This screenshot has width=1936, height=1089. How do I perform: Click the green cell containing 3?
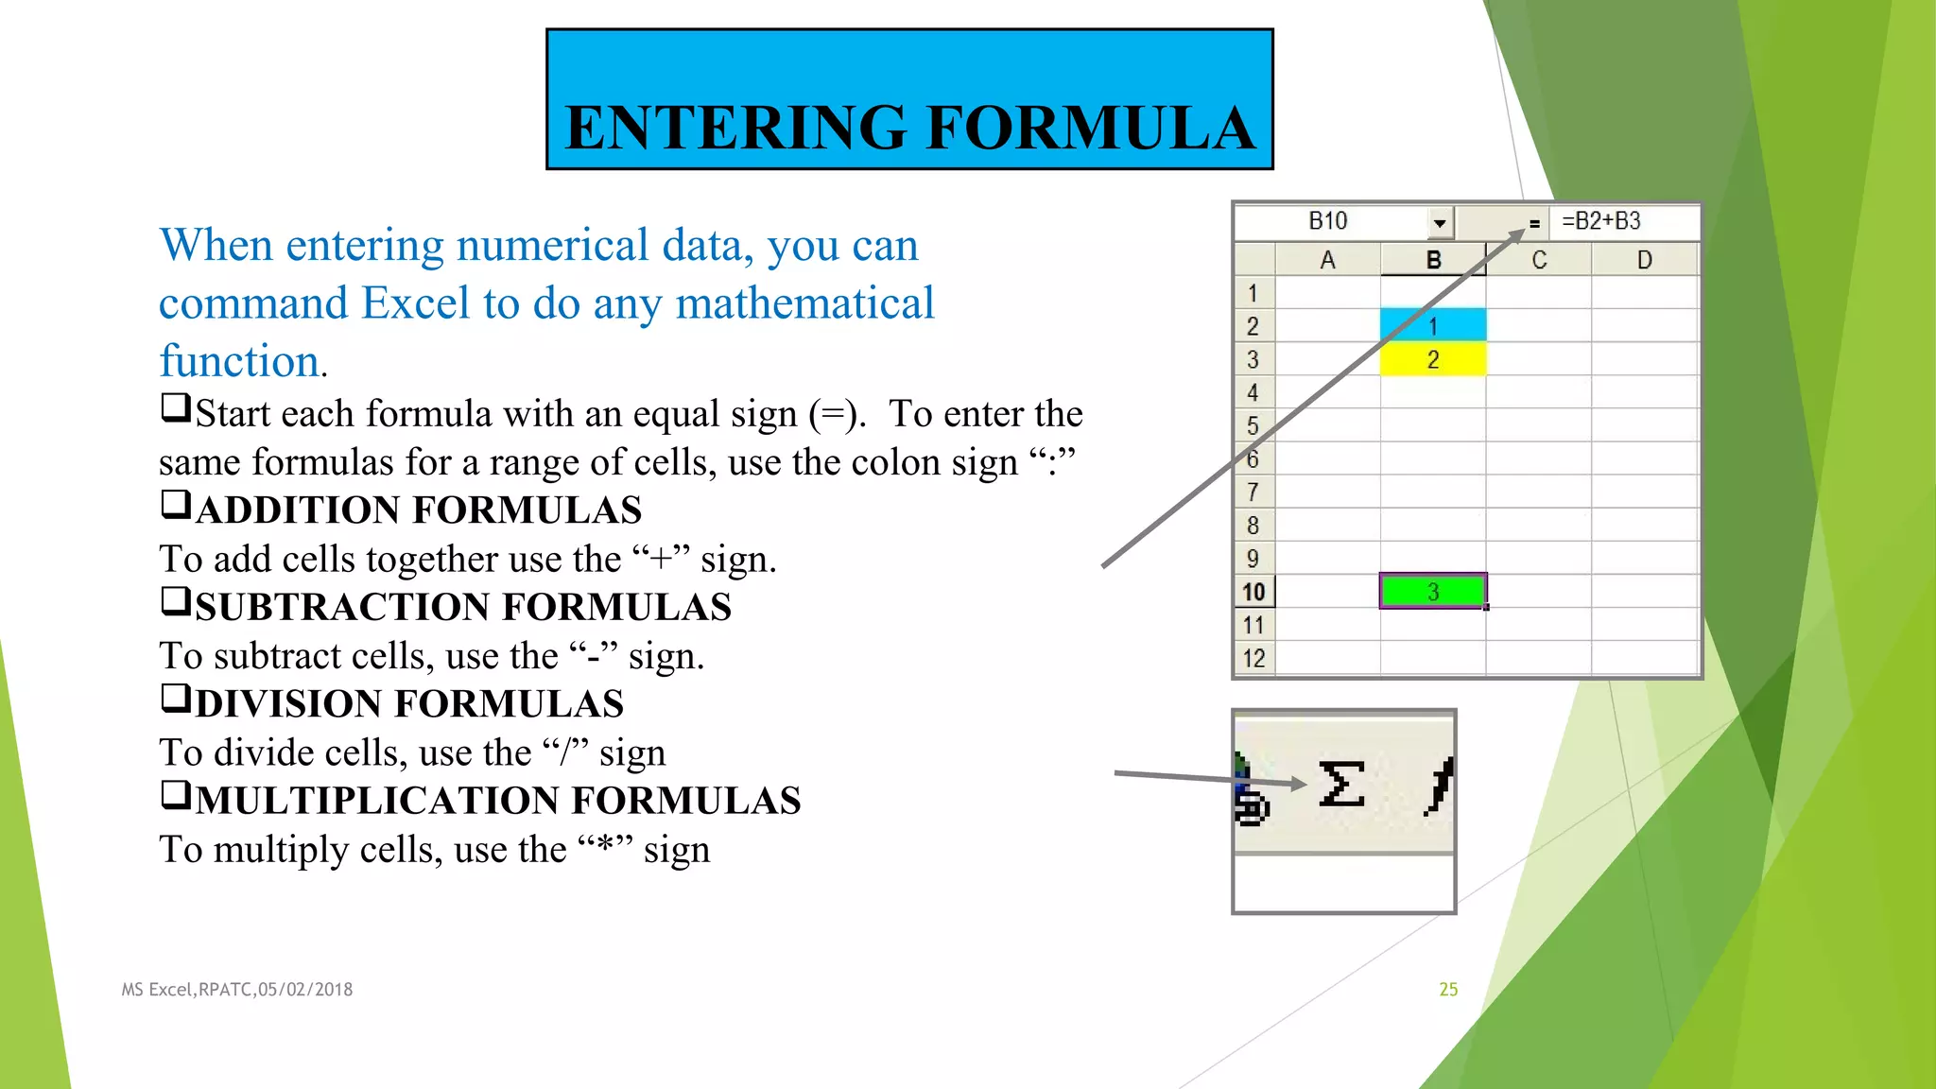click(1432, 592)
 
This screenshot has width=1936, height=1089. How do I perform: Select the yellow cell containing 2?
click(1432, 359)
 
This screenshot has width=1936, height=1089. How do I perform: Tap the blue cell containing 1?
click(1432, 326)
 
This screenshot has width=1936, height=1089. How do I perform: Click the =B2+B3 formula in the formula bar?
click(1600, 221)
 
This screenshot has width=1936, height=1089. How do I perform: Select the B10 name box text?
click(1327, 221)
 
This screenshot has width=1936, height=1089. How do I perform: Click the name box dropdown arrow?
click(1439, 223)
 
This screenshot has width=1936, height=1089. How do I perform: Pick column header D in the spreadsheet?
click(1644, 260)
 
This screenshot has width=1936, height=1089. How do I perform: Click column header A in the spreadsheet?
click(1327, 260)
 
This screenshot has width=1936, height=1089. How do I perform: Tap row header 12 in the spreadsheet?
click(1253, 658)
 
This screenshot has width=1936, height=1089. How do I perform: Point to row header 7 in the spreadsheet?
click(1253, 493)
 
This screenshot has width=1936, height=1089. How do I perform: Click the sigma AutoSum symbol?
click(1341, 785)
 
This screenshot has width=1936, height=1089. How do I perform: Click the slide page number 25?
click(1448, 989)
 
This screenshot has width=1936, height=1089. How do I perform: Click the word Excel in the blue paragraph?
click(415, 303)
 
